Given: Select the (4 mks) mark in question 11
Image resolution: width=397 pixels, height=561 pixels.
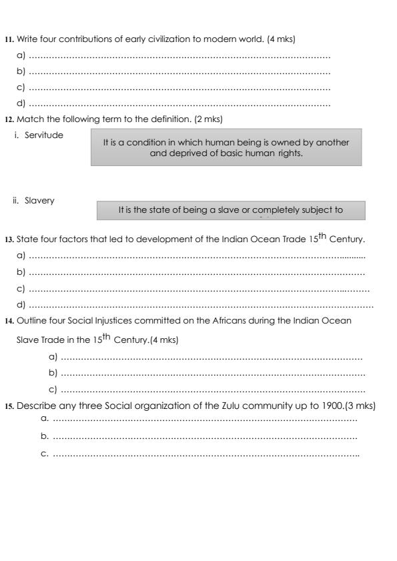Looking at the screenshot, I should click(x=281, y=39).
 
